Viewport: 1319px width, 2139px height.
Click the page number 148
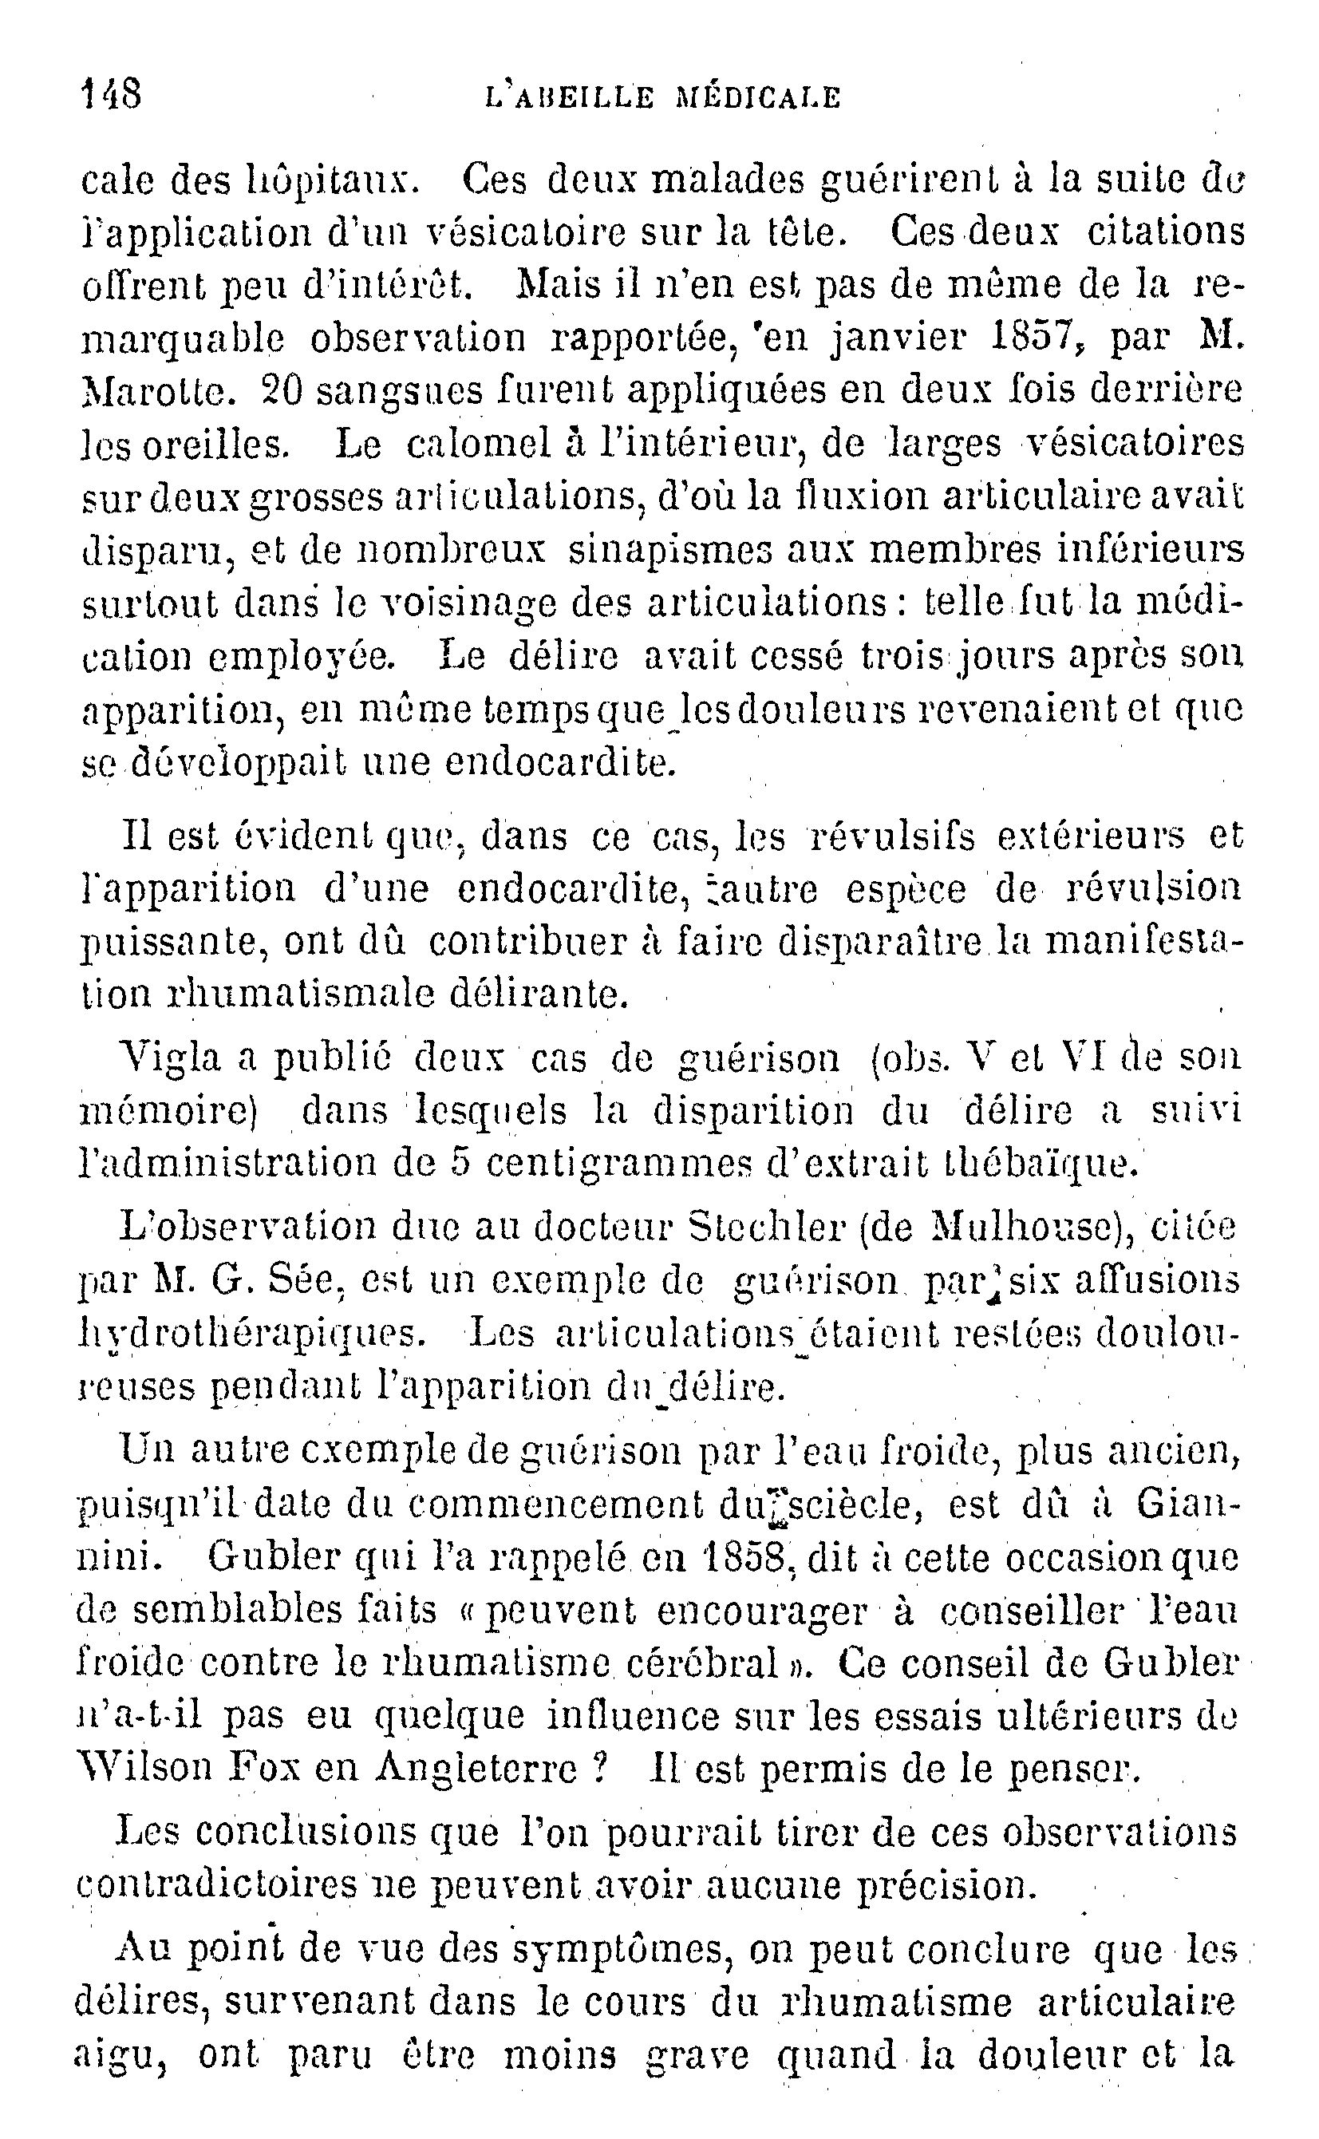111,93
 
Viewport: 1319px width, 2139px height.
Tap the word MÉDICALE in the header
759,96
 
